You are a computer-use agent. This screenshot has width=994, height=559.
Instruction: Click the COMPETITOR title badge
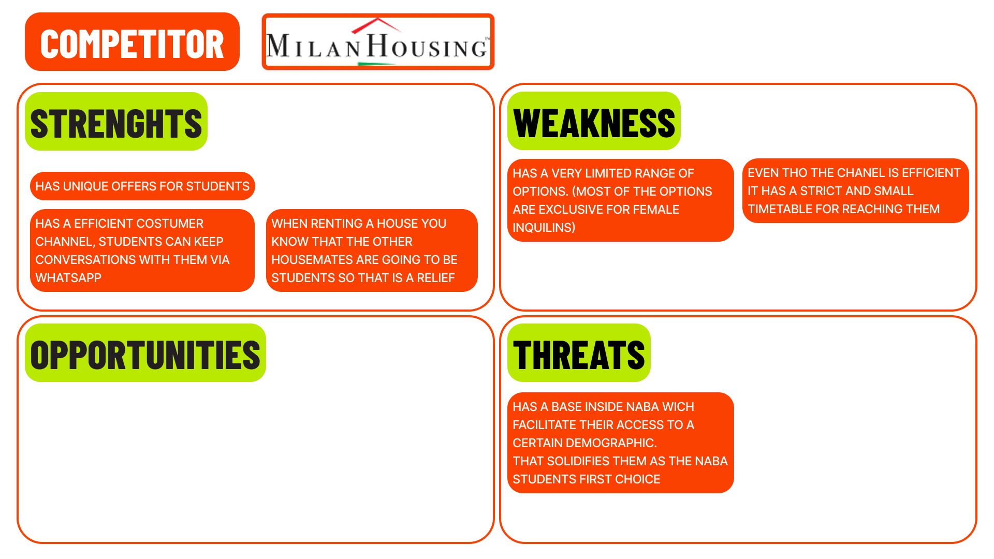[132, 42]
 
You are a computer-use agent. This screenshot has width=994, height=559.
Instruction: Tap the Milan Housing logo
[378, 42]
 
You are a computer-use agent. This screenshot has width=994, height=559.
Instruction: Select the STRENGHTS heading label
[116, 123]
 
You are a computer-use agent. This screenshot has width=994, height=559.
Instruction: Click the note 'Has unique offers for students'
[142, 186]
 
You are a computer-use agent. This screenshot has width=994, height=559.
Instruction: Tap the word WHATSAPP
[68, 278]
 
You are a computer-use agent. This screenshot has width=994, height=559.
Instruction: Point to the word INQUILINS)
[544, 228]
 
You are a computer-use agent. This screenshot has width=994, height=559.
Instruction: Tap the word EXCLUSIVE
[571, 210]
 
